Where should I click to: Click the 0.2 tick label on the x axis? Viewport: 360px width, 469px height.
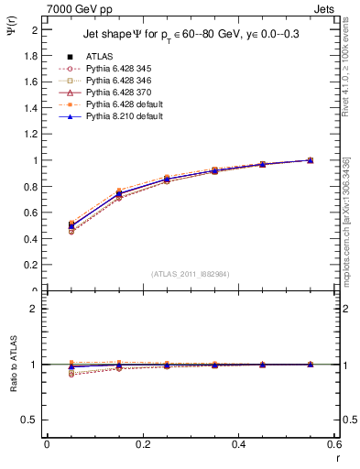pos(143,444)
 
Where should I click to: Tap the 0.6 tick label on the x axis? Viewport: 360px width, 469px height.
pos(333,444)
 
